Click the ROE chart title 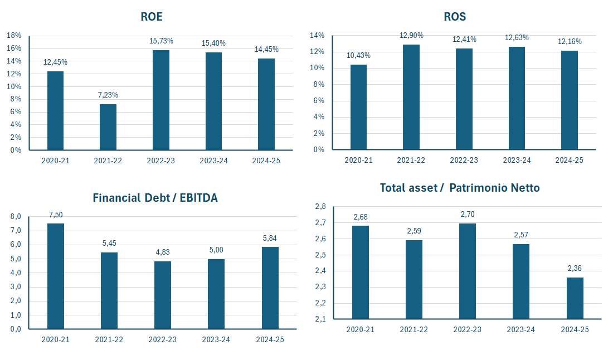(152, 17)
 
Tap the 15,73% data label (161, 41)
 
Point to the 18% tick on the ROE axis (14, 35)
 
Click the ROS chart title (455, 17)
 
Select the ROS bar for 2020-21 (358, 107)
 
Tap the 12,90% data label (411, 35)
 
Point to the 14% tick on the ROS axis (317, 36)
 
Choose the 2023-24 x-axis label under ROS (517, 160)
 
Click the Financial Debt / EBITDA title (155, 198)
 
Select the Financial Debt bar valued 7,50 (56, 276)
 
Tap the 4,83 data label (163, 252)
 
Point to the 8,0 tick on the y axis (16, 217)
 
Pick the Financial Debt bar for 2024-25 (270, 288)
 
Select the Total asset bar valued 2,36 (575, 298)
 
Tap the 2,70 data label (468, 214)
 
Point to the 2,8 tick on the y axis (320, 207)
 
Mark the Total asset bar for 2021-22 (414, 279)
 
